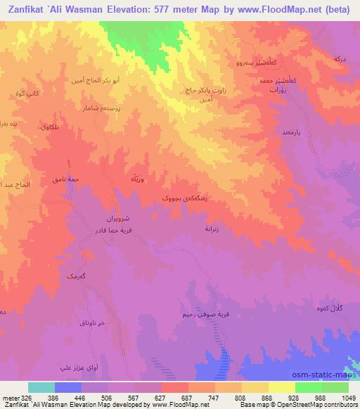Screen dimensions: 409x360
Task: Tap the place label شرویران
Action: [x=117, y=220]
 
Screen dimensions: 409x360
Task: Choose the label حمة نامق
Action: [x=65, y=180]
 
